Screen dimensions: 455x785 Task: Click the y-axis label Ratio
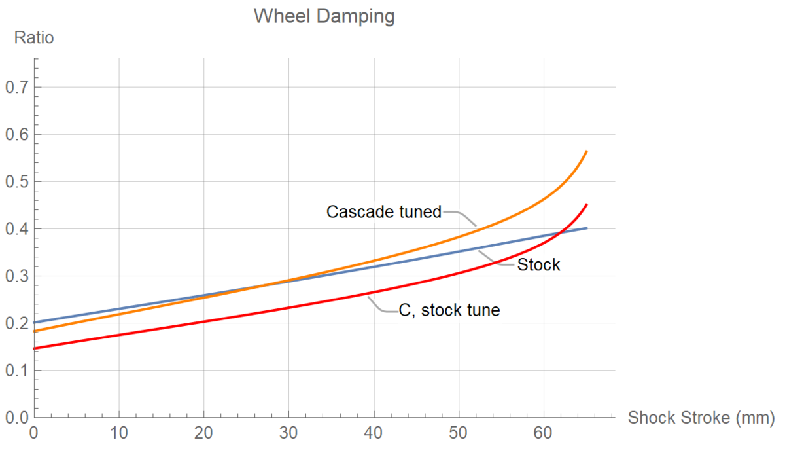click(x=33, y=38)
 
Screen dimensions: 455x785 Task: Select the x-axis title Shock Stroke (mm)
click(x=701, y=418)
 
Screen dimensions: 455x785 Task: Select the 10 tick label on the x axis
click(x=119, y=434)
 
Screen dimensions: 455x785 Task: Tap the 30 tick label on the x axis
click(x=289, y=434)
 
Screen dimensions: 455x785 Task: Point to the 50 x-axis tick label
click(x=459, y=434)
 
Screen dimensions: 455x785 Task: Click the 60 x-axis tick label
click(x=544, y=434)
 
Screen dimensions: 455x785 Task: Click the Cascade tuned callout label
click(x=384, y=212)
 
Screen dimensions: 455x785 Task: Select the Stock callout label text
click(x=538, y=265)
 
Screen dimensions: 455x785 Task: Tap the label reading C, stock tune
click(x=449, y=310)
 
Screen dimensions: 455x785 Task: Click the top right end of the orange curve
click(x=587, y=151)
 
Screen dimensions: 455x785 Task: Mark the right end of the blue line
click(x=587, y=228)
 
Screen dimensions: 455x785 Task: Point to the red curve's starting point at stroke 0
click(x=34, y=348)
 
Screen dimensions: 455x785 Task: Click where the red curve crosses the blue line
click(x=561, y=233)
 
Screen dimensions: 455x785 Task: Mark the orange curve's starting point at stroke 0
click(x=34, y=331)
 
